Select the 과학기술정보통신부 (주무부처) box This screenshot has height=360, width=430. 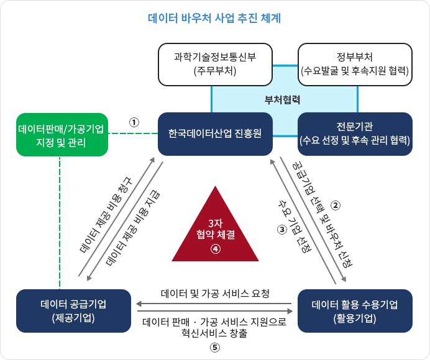215,64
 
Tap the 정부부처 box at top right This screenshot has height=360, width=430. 355,64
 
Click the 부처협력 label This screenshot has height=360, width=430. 282,99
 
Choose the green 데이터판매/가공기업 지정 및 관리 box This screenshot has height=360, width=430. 61,135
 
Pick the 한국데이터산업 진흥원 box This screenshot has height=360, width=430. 215,133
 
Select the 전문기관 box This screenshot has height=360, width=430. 355,133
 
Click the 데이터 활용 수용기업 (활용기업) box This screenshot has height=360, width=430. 355,310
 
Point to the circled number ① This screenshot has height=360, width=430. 134,122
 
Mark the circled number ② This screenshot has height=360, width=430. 336,205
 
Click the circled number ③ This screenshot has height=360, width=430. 281,228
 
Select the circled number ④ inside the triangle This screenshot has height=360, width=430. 215,249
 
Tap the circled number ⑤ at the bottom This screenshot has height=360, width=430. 215,348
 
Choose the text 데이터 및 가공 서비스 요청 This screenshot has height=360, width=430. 215,292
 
